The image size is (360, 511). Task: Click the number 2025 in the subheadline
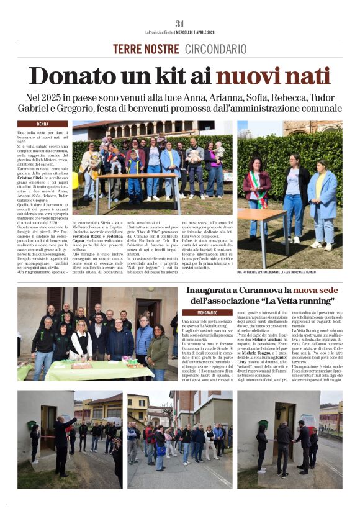click(57, 98)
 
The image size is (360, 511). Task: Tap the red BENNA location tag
click(43, 124)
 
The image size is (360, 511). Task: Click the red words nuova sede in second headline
click(315, 291)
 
